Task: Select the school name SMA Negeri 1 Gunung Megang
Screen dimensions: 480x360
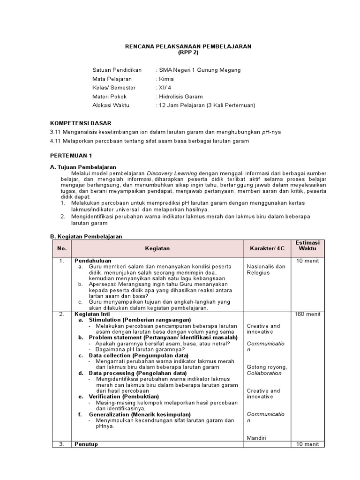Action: tap(200, 70)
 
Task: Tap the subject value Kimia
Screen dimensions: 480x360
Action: tap(166, 79)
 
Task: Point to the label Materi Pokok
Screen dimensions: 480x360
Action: tap(110, 97)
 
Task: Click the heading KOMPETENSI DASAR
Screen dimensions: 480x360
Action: tap(81, 123)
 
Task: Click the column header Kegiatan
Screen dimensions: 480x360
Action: tap(157, 249)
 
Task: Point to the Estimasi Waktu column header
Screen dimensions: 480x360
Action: tap(307, 246)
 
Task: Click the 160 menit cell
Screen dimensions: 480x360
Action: tap(307, 314)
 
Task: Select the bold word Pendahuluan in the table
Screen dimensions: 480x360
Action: tap(93, 260)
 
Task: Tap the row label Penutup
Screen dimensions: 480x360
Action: tap(86, 444)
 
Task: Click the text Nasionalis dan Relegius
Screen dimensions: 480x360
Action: tap(266, 270)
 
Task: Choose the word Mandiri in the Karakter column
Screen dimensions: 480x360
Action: tap(256, 438)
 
